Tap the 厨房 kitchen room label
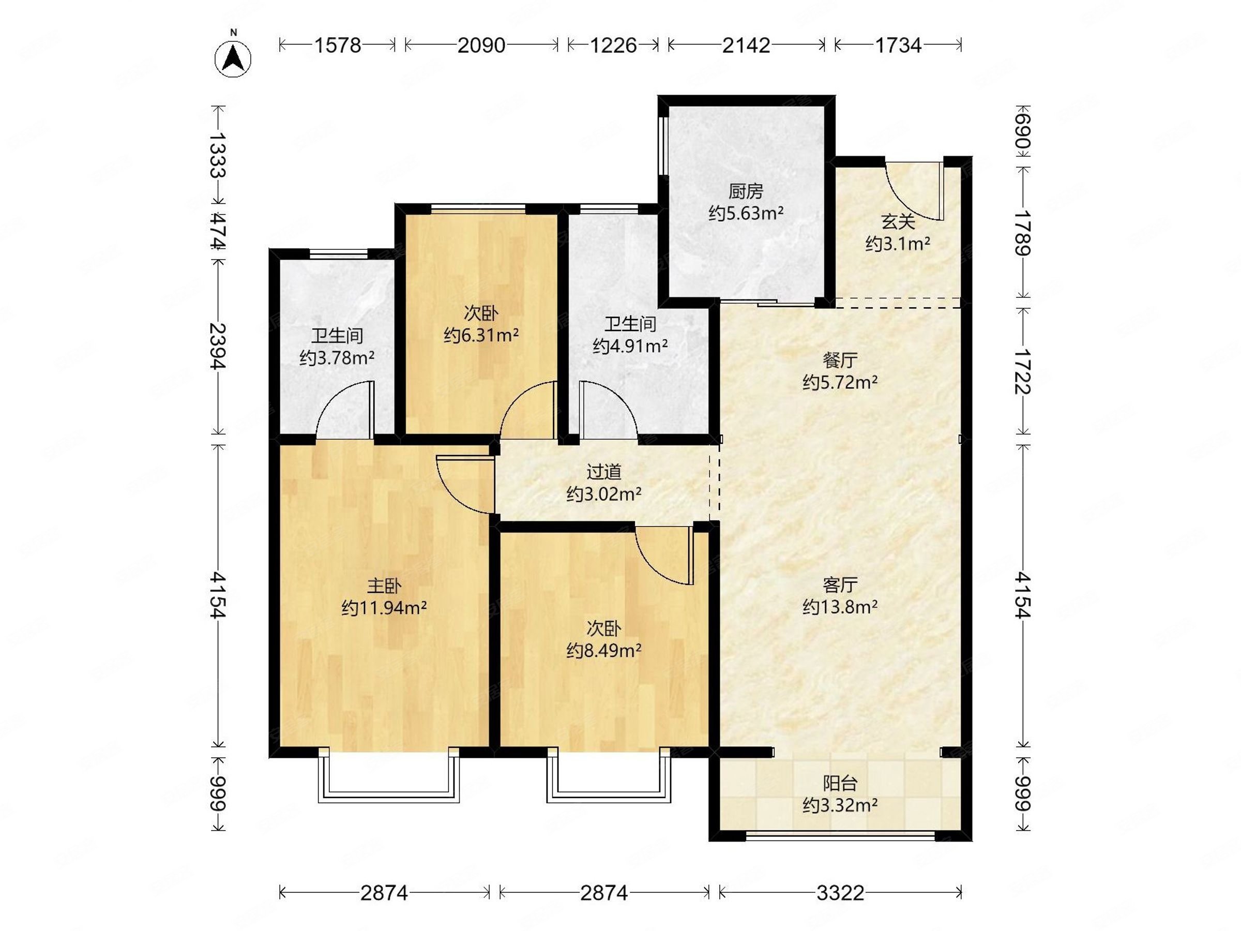[x=746, y=191]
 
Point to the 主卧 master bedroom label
[x=384, y=586]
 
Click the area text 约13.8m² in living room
[x=840, y=607]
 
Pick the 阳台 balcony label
[x=840, y=783]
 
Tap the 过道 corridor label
[x=603, y=472]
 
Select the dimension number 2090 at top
[x=481, y=45]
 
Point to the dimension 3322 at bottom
[x=840, y=892]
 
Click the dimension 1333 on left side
[x=218, y=155]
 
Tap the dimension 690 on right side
[x=1023, y=132]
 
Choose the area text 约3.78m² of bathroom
[x=337, y=358]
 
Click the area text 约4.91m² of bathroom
[x=630, y=346]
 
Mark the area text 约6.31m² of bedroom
[x=481, y=335]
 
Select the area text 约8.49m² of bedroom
[x=603, y=651]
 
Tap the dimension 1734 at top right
[x=899, y=45]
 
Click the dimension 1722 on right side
[x=1023, y=371]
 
